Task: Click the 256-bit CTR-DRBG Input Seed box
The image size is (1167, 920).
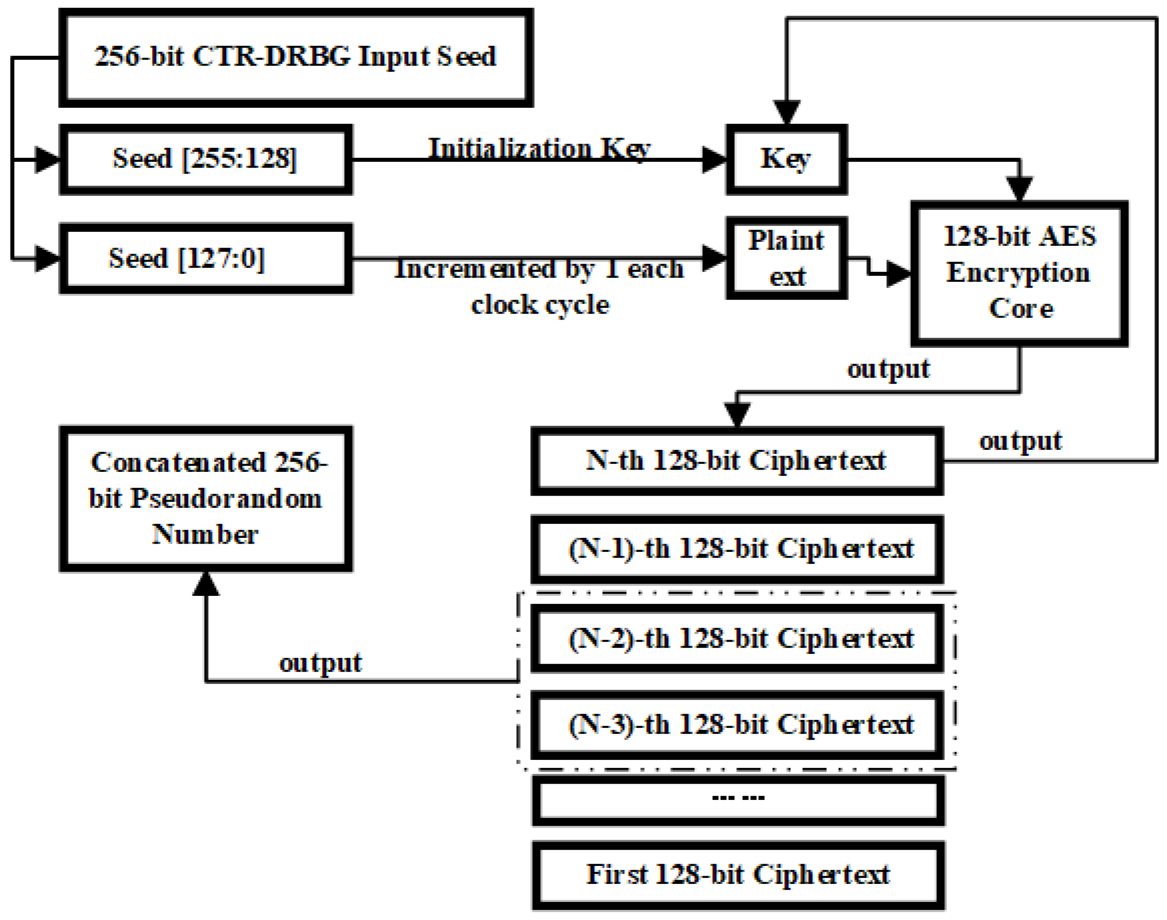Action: pos(296,58)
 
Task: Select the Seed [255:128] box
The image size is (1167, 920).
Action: pos(206,160)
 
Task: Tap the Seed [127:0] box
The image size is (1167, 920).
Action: pos(206,259)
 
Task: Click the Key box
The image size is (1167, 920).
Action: pos(786,160)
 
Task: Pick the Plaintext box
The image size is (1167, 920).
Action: pos(786,259)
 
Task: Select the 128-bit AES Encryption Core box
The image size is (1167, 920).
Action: pos(1019,274)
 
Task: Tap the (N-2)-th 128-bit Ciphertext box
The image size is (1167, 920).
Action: pos(736,639)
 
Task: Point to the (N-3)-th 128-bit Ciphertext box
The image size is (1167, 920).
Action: pos(736,725)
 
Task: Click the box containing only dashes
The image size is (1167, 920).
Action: pos(738,801)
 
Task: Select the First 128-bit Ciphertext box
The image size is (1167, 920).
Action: pos(738,875)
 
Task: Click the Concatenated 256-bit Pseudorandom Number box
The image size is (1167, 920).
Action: pos(206,499)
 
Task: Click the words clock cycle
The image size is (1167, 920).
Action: pos(540,305)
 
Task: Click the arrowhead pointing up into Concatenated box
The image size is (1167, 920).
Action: pos(206,584)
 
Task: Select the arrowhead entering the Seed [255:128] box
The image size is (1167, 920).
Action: pos(48,160)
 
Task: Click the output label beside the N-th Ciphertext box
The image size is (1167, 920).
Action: pos(1020,442)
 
